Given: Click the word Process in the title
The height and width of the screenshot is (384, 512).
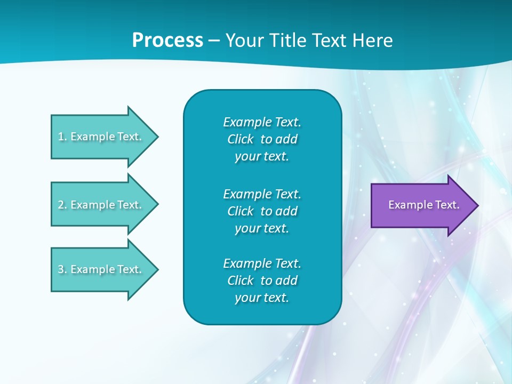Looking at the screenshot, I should (167, 41).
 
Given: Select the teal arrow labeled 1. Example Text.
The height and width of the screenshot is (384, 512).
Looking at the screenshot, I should (101, 137).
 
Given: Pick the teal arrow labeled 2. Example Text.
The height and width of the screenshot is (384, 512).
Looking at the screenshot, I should (101, 204).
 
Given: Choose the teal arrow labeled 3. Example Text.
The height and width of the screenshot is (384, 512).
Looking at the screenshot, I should (101, 269).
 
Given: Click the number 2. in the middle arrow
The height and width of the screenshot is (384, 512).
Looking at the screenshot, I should (62, 205).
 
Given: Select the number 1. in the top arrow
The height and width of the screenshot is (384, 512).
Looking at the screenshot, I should (62, 137).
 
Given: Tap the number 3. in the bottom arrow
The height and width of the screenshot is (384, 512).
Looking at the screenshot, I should (62, 269).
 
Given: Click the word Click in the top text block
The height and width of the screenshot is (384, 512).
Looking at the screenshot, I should (241, 139).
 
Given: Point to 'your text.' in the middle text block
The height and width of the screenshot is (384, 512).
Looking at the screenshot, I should (262, 228).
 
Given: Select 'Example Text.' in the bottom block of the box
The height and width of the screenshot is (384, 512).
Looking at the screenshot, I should (262, 263).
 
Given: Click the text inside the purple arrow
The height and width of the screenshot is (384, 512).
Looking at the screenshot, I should (423, 205).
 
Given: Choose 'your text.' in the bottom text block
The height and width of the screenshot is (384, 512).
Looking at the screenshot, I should (262, 298).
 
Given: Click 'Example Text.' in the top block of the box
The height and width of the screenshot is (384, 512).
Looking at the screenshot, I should (262, 122).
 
